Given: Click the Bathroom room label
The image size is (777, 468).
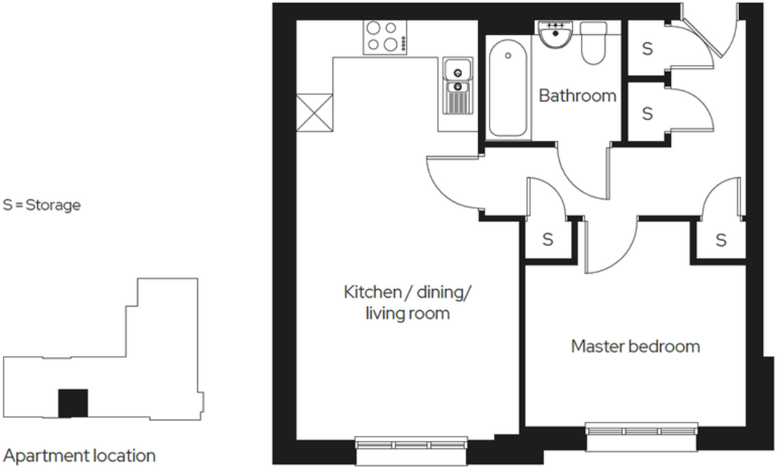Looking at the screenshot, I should (577, 96).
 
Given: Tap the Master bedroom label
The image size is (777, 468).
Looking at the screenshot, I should (635, 345).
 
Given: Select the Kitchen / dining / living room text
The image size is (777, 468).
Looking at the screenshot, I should (408, 303).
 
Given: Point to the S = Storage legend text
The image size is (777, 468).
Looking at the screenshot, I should (42, 205).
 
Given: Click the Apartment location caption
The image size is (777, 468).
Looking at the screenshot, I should (80, 456).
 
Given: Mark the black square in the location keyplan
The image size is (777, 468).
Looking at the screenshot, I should (73, 403).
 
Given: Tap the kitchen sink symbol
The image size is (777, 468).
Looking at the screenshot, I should (457, 86).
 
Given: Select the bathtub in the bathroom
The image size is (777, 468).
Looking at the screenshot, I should (507, 88).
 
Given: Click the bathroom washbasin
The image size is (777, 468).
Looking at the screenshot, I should (555, 34).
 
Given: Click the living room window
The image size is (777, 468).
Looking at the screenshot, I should (411, 443).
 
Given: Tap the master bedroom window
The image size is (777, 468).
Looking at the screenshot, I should (642, 429).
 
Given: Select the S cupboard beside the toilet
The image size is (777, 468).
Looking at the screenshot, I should (647, 49).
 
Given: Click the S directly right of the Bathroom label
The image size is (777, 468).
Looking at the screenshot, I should (647, 114).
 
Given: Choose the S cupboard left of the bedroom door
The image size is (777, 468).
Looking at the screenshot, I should (548, 239).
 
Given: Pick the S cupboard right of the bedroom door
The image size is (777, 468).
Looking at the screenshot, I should (721, 239).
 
